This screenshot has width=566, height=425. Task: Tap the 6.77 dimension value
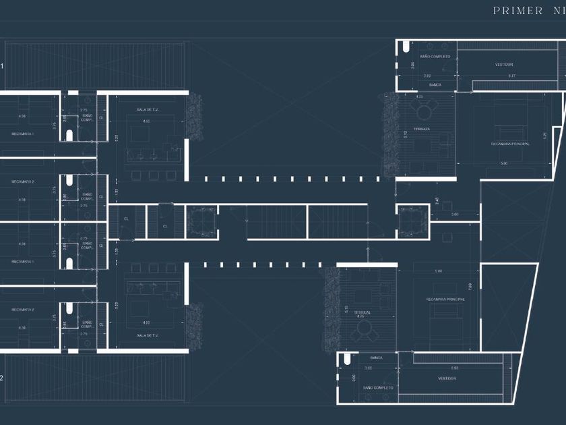point(511,76)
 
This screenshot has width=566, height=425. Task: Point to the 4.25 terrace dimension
point(420,96)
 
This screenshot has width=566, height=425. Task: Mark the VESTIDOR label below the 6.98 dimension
point(447,378)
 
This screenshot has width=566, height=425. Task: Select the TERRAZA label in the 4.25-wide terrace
point(422,128)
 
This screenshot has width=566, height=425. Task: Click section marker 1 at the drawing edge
point(2,66)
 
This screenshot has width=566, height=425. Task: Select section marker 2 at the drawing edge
point(2,378)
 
